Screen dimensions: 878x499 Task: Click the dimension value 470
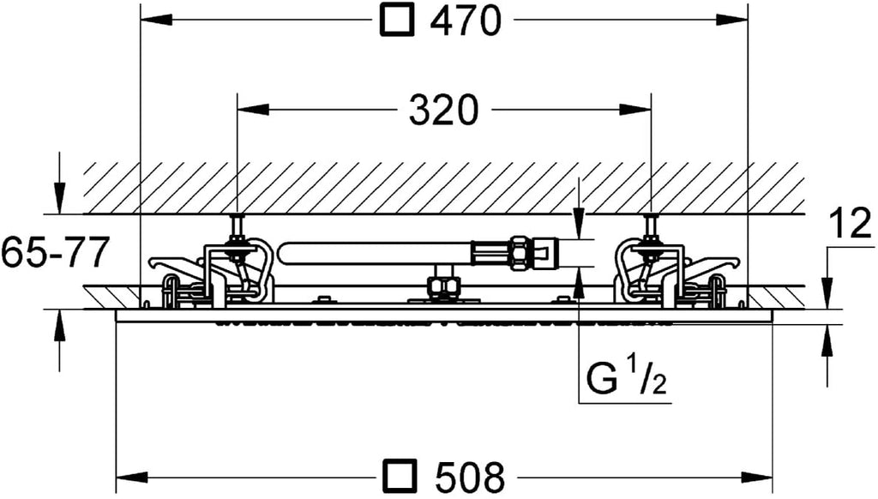click(x=465, y=21)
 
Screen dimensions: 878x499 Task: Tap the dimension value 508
click(x=469, y=477)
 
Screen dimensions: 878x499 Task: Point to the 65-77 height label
click(x=54, y=252)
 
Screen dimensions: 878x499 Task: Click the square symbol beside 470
click(x=397, y=21)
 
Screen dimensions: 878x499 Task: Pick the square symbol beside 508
click(x=400, y=477)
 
